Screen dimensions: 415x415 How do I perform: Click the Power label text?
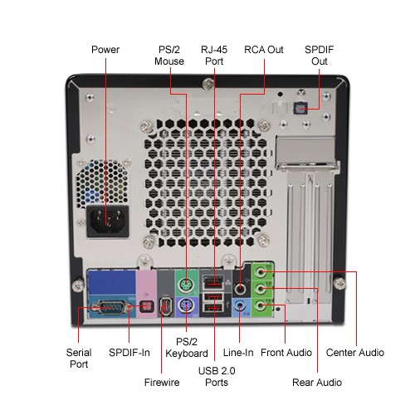[105, 50]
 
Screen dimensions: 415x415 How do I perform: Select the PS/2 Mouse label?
[169, 56]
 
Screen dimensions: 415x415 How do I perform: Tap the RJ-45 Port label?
[214, 56]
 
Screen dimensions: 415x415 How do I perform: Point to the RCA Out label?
[264, 50]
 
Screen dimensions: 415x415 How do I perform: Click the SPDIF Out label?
[320, 56]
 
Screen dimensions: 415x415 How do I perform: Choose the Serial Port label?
[79, 358]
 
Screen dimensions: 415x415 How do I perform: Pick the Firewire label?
[162, 383]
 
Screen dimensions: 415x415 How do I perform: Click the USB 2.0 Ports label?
[217, 377]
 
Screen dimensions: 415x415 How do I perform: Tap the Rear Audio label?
[317, 383]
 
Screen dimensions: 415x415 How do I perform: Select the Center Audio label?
[355, 353]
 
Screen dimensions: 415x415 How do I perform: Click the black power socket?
[108, 221]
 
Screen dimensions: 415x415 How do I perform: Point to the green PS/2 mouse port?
[185, 285]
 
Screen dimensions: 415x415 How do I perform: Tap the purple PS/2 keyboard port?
[185, 306]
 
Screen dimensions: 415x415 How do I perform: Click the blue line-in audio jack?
[240, 306]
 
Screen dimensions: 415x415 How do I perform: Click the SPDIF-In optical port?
[146, 305]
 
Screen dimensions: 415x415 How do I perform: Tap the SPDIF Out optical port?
[300, 108]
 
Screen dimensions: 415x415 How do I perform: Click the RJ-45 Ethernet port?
[213, 281]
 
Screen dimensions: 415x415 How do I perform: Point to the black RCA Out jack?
[240, 289]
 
